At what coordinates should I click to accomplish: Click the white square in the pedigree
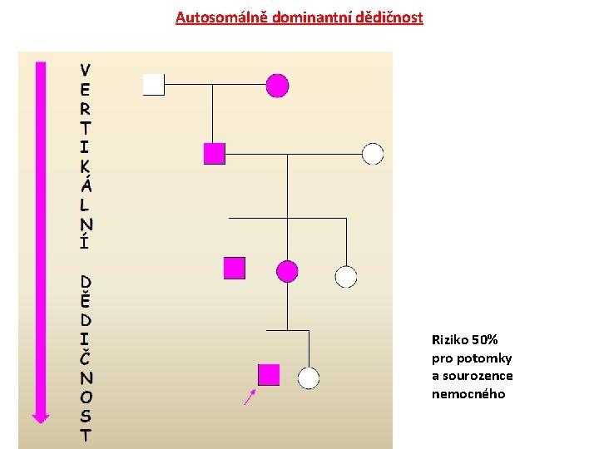pyautogui.click(x=154, y=85)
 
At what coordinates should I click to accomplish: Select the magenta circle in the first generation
pyautogui.click(x=277, y=85)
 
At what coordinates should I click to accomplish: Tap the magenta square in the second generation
pyautogui.click(x=215, y=153)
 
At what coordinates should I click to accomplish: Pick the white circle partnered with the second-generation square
pyautogui.click(x=373, y=153)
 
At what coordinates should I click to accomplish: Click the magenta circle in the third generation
pyautogui.click(x=287, y=270)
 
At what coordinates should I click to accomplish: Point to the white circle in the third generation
pyautogui.click(x=345, y=277)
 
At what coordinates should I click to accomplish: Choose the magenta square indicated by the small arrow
pyautogui.click(x=269, y=375)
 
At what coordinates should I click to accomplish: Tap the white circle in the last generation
pyautogui.click(x=309, y=378)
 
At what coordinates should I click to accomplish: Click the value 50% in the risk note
pyautogui.click(x=484, y=339)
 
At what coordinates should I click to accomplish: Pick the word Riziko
pyautogui.click(x=449, y=339)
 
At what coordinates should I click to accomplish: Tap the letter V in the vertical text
pyautogui.click(x=87, y=69)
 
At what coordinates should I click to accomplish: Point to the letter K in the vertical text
pyautogui.click(x=87, y=165)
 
